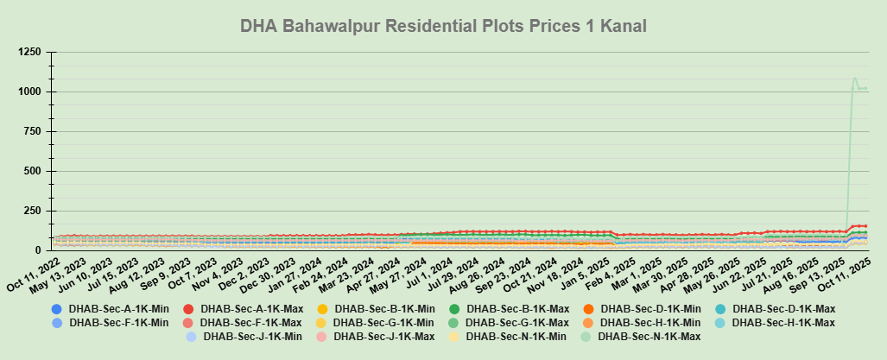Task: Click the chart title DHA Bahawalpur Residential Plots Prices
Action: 443,27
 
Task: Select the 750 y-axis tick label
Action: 29,131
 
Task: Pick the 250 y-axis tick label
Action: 29,211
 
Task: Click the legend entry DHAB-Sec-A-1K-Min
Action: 108,308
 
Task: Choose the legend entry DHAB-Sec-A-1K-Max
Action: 242,308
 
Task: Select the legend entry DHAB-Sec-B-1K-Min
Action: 376,308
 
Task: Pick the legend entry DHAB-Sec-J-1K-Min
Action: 244,336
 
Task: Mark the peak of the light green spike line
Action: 855,79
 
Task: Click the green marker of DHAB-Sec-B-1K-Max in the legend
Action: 454,308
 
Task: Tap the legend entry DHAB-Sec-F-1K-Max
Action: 242,322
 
